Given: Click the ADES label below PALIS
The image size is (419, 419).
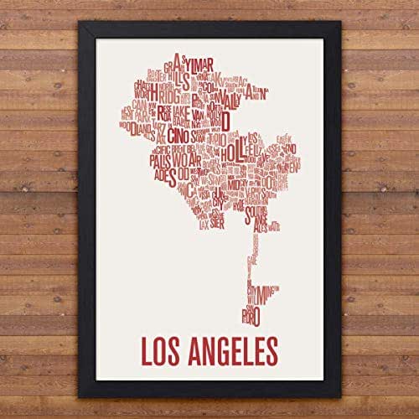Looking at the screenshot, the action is (163, 176).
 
